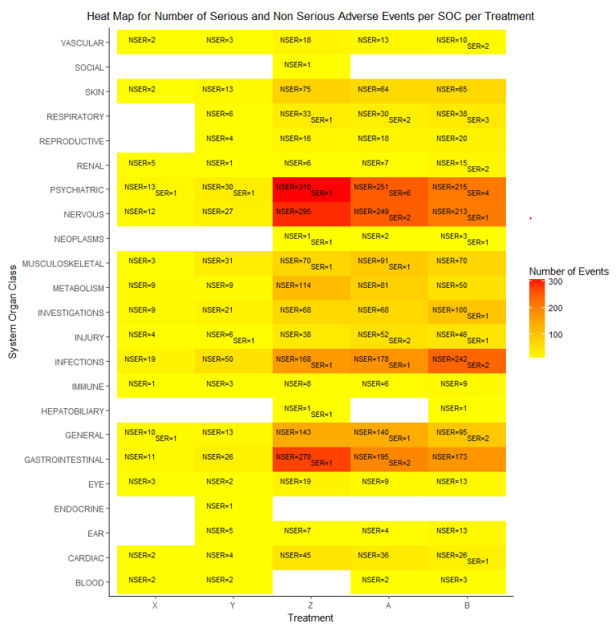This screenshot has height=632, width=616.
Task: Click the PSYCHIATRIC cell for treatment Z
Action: [x=311, y=190]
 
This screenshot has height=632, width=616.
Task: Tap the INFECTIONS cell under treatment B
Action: [x=467, y=362]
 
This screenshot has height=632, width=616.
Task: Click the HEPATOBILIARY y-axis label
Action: [x=72, y=411]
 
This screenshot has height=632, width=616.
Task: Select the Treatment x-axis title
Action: [x=310, y=618]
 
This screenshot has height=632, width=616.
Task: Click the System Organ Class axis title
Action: [x=13, y=314]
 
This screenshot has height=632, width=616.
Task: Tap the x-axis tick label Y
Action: [x=233, y=606]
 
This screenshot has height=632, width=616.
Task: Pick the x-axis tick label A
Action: [x=389, y=606]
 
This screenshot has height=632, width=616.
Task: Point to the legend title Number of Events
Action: [x=569, y=271]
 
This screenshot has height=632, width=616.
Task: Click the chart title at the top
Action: [x=310, y=16]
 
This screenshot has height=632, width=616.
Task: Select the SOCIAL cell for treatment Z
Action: [x=311, y=65]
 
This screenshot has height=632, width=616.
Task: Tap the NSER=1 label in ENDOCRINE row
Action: [x=219, y=506]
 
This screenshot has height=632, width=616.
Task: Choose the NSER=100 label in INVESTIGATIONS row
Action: [x=449, y=310]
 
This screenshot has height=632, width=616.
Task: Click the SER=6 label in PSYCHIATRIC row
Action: [x=399, y=193]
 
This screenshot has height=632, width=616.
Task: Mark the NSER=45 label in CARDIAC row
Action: [x=294, y=555]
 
